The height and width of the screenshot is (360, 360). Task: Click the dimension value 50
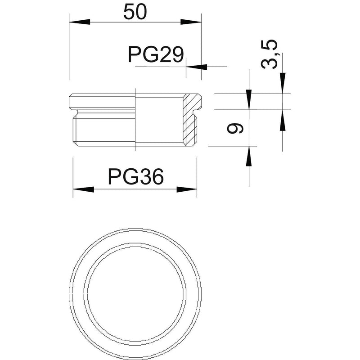[x=135, y=12]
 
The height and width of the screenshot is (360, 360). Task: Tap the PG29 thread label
[x=156, y=54]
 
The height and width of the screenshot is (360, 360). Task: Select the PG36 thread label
[x=136, y=176]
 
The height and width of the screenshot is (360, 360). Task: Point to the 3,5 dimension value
[x=269, y=54]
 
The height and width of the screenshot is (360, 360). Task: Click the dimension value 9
[x=234, y=128]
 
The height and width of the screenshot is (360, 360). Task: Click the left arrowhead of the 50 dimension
[x=80, y=22]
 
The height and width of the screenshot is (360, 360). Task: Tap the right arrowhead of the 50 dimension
[x=191, y=22]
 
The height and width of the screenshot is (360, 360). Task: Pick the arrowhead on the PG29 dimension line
[x=197, y=67]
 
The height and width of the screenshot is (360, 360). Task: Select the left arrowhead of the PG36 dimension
[x=83, y=189]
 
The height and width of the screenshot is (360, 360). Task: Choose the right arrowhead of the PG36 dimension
[x=187, y=189]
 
